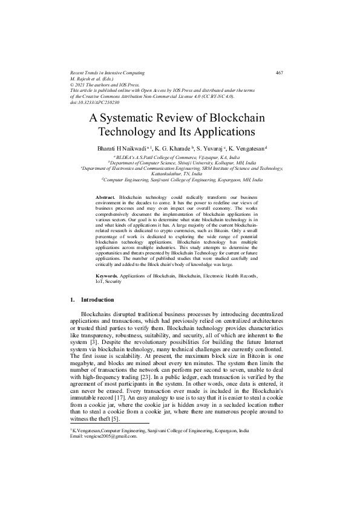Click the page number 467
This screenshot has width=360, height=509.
click(280, 73)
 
